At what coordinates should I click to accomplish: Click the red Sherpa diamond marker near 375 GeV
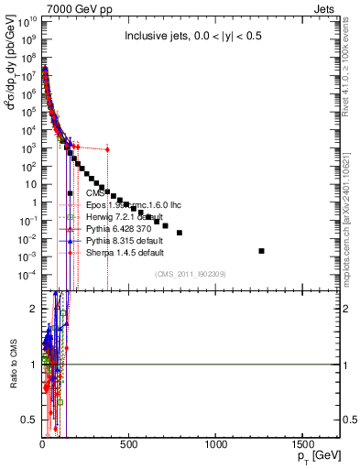tap(107, 149)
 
